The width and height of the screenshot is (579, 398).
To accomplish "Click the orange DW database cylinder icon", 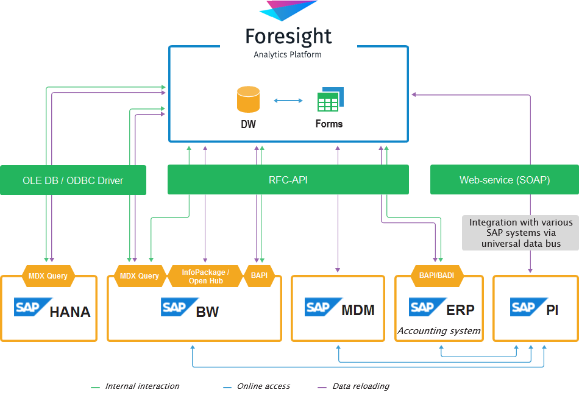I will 248,99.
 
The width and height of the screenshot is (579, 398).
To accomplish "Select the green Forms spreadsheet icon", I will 330,100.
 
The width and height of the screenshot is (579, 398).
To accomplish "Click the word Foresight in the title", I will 288,36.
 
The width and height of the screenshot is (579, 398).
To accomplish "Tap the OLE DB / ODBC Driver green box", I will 73,180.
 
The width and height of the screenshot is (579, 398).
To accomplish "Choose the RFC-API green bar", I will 288,180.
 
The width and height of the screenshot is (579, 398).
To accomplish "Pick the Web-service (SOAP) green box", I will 504,180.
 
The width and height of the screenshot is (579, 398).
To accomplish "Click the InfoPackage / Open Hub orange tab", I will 205,276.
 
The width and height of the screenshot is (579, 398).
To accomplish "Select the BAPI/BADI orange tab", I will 436,275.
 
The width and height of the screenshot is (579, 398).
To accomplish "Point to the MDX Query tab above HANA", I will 48,275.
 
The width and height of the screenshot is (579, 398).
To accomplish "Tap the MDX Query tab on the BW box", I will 140,275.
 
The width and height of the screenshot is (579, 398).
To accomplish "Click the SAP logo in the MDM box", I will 319,307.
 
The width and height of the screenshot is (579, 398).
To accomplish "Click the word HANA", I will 70,312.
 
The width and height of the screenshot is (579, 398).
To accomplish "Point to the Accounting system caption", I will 439,331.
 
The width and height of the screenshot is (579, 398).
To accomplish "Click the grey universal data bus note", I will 520,233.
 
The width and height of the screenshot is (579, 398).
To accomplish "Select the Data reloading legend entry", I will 360,386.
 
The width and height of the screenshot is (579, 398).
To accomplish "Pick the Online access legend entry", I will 263,386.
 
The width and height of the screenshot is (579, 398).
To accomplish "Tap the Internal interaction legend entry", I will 142,386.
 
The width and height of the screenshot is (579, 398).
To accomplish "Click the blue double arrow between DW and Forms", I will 288,101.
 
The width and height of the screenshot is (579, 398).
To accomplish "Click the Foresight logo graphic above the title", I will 288,10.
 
